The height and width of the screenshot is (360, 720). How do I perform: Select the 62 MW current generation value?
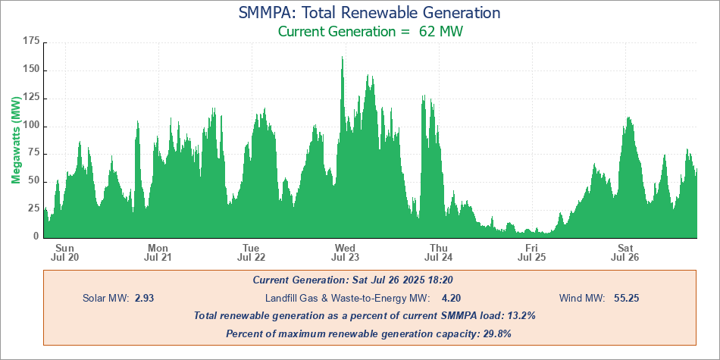(x=441, y=32)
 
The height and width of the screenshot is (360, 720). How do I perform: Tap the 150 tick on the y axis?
(x=30, y=70)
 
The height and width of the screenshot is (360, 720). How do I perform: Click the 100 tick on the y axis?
(x=30, y=126)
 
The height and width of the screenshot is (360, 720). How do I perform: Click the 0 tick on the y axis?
(x=36, y=236)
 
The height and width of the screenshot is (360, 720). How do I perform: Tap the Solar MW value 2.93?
(x=145, y=298)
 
